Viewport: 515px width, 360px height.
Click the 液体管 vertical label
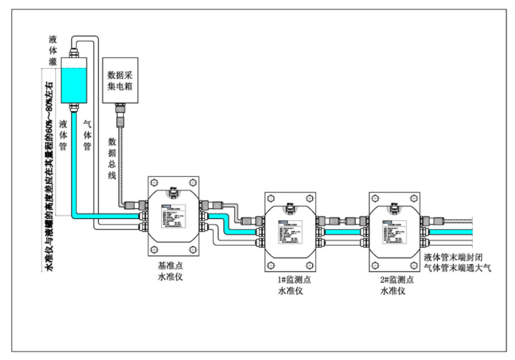point(64,135)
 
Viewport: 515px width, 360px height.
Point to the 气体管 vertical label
point(87,135)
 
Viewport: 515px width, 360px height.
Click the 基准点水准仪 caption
point(172,270)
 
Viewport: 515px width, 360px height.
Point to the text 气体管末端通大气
point(459,268)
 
